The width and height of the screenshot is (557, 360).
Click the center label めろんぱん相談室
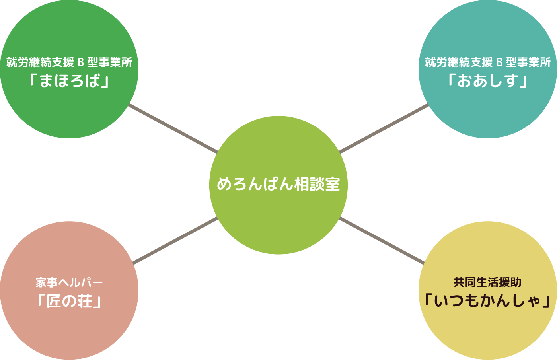278,184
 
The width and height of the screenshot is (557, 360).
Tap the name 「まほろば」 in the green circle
69,81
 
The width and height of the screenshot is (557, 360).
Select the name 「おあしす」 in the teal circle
488,81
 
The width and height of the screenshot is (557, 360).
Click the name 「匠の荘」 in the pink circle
69,302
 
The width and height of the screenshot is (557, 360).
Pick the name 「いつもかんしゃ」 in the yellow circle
488,301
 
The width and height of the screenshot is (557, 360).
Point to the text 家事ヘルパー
69,282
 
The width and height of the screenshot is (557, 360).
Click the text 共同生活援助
488,282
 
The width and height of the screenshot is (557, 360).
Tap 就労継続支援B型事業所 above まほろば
69,62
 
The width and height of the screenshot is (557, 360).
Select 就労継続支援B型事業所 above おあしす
488,62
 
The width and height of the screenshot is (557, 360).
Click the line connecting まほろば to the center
173,129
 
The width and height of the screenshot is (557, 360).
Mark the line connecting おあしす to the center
384,128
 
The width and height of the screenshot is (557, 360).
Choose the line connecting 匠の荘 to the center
175,240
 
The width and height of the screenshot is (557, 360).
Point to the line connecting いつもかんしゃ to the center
382,241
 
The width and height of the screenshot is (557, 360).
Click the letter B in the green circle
80,62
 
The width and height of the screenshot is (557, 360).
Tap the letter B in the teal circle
499,62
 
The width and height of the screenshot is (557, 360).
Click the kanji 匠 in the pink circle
54,302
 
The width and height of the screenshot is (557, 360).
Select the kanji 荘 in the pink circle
85,302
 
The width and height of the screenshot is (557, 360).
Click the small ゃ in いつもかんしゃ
536,302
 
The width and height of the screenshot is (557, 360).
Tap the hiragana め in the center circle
224,184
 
